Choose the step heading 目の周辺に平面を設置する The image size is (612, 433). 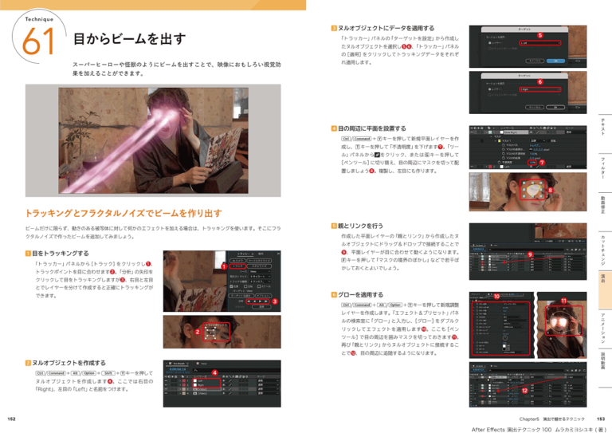[x=371, y=128]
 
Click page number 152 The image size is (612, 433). [x=11, y=418]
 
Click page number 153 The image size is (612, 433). [x=600, y=418]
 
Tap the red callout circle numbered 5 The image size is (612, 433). [x=540, y=36]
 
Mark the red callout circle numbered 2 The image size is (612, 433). [x=196, y=331]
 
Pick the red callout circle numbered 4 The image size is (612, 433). [x=214, y=374]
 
